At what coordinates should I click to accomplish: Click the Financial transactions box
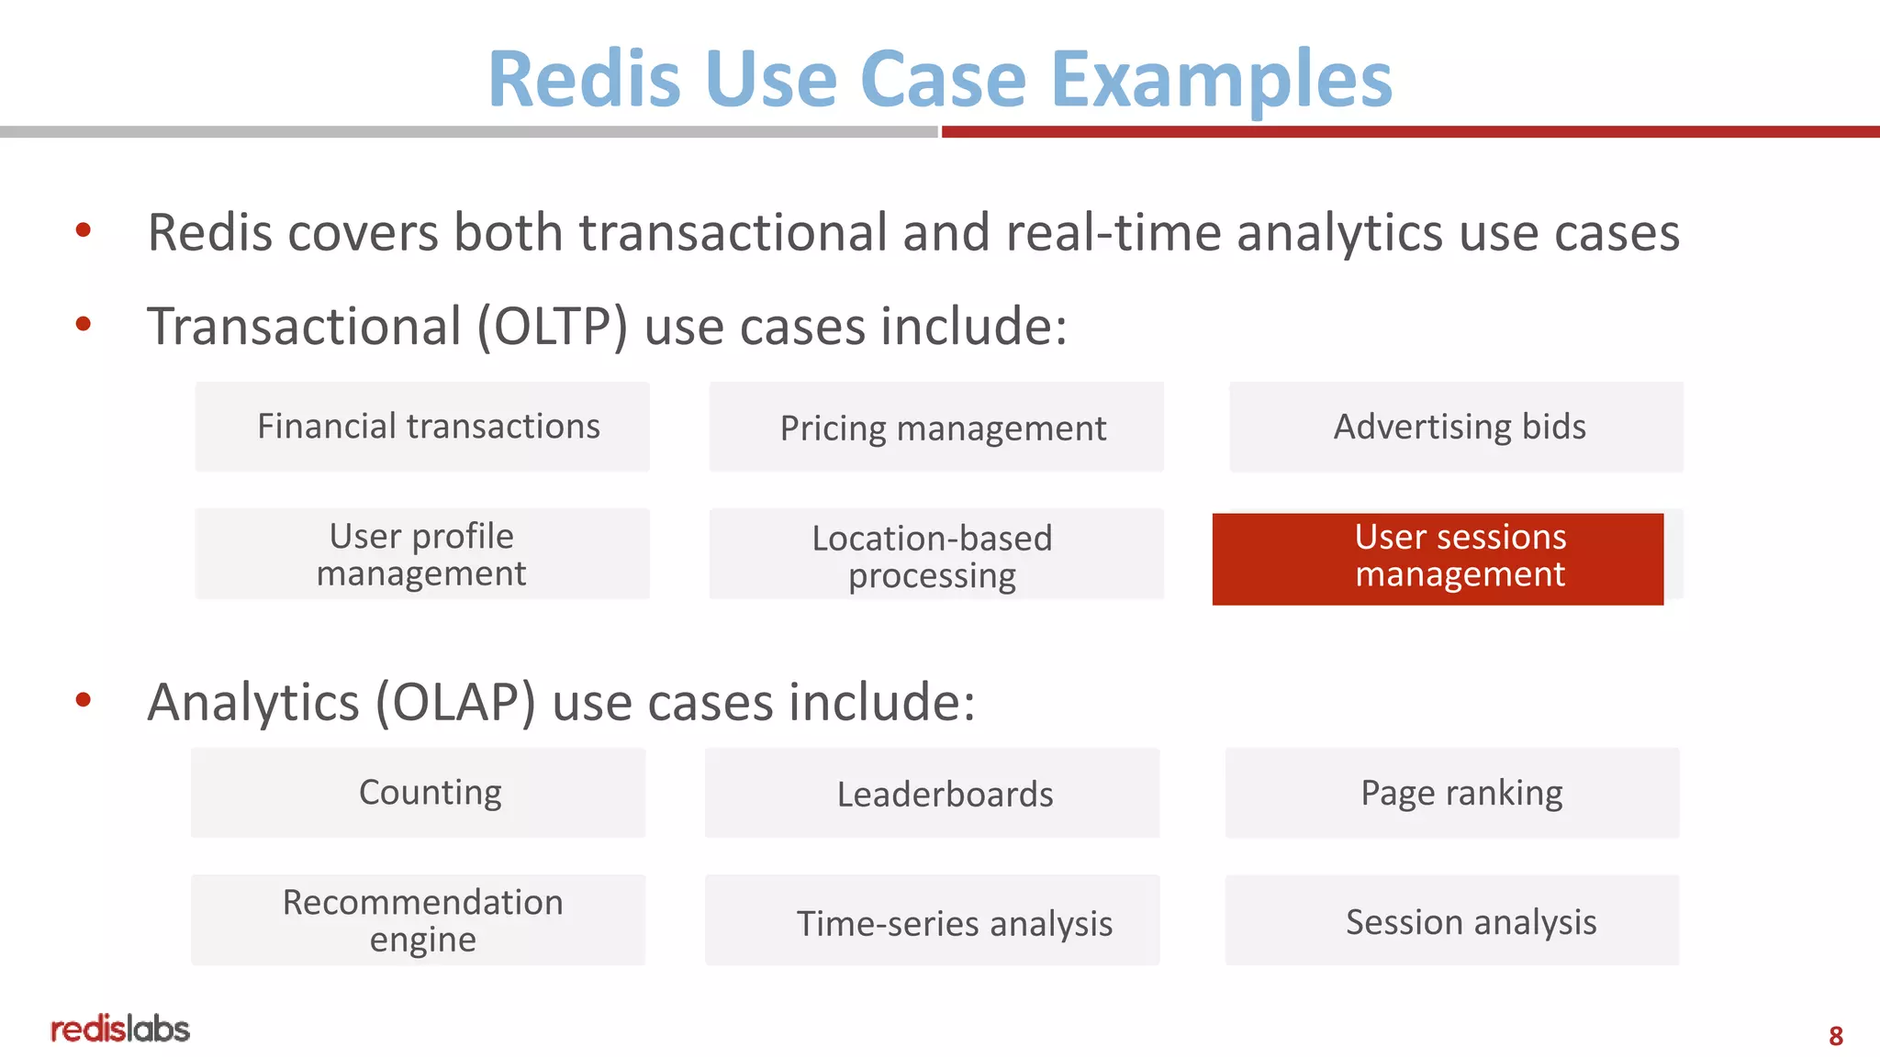click(422, 427)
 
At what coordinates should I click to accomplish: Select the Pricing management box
click(936, 428)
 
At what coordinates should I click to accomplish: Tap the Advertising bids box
click(1456, 427)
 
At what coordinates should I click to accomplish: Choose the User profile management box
click(422, 554)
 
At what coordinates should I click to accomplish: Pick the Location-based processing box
click(936, 555)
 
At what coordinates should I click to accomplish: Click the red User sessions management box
click(1438, 558)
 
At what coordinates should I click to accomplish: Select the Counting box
click(419, 793)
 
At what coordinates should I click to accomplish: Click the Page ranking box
click(1452, 793)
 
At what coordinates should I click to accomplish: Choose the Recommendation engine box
click(419, 920)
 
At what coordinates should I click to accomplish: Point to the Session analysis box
click(1452, 920)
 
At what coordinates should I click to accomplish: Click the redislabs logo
click(120, 1029)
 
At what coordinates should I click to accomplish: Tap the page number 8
click(1835, 1036)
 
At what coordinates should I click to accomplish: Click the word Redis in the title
click(584, 80)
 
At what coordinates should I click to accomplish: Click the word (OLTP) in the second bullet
click(552, 327)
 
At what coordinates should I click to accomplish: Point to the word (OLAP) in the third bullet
click(455, 703)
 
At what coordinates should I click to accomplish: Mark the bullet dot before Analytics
click(84, 701)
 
